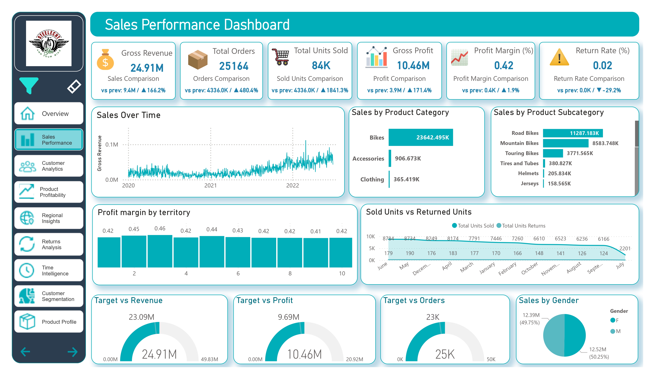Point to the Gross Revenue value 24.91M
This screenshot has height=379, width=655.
coord(147,68)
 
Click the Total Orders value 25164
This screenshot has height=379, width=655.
coord(233,66)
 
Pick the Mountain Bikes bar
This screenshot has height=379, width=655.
coord(565,143)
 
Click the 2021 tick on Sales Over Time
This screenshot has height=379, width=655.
coord(210,185)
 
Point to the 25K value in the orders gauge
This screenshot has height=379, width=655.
coord(445,354)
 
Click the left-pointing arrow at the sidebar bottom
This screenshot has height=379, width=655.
coord(25,352)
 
